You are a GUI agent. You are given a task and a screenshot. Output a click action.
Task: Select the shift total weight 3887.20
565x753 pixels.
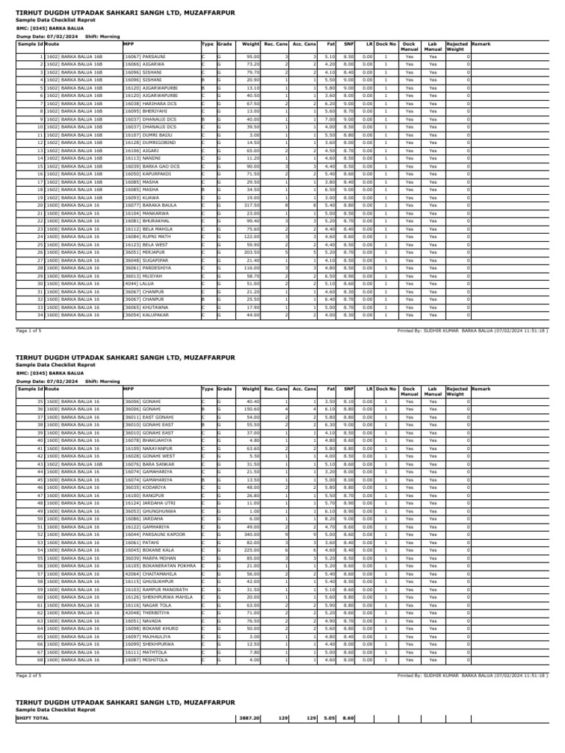249,718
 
